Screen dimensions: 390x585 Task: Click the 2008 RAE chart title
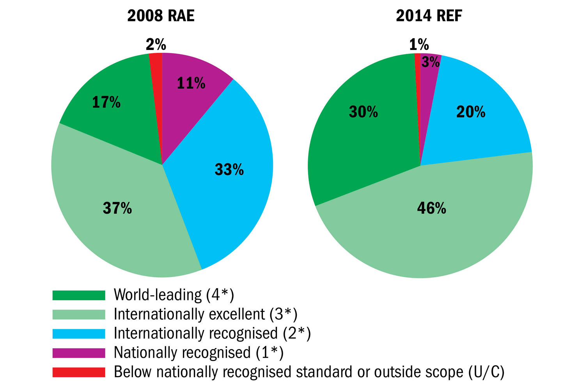[x=161, y=16]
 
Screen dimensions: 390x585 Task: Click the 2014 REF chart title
[x=429, y=16]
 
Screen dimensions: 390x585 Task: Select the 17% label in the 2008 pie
[x=106, y=102]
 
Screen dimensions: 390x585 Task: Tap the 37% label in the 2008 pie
[x=117, y=208]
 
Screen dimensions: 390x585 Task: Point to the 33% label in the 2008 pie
[x=229, y=169]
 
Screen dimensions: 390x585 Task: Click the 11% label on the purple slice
[x=191, y=83]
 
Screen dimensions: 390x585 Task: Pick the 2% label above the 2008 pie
[x=156, y=45]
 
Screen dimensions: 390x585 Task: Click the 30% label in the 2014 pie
[x=363, y=112]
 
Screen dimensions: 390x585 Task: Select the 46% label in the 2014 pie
[x=431, y=208]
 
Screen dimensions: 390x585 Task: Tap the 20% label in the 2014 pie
[x=471, y=112]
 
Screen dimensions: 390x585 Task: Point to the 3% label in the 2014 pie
[x=431, y=62]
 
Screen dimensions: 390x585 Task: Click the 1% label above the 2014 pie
[x=419, y=45]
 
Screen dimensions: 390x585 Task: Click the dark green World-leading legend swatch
[x=79, y=295]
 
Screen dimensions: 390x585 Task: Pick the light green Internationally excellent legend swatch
[x=79, y=314]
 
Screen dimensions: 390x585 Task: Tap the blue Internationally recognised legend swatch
[x=79, y=333]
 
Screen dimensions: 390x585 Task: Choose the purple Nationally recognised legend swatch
[x=79, y=353]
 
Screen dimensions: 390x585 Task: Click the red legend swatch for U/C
[x=79, y=372]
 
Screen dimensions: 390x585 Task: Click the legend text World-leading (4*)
[x=174, y=295]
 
